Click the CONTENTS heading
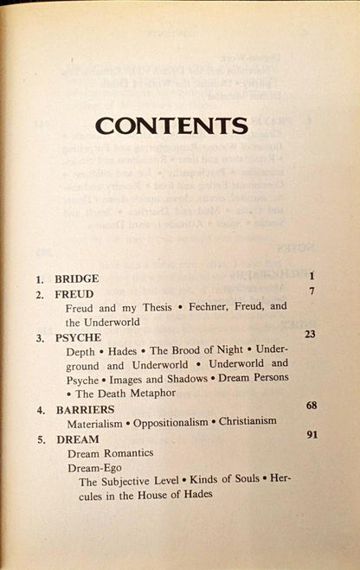tap(171, 126)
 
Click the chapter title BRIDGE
tap(76, 280)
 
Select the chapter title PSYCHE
tap(76, 337)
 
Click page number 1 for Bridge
tap(309, 278)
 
